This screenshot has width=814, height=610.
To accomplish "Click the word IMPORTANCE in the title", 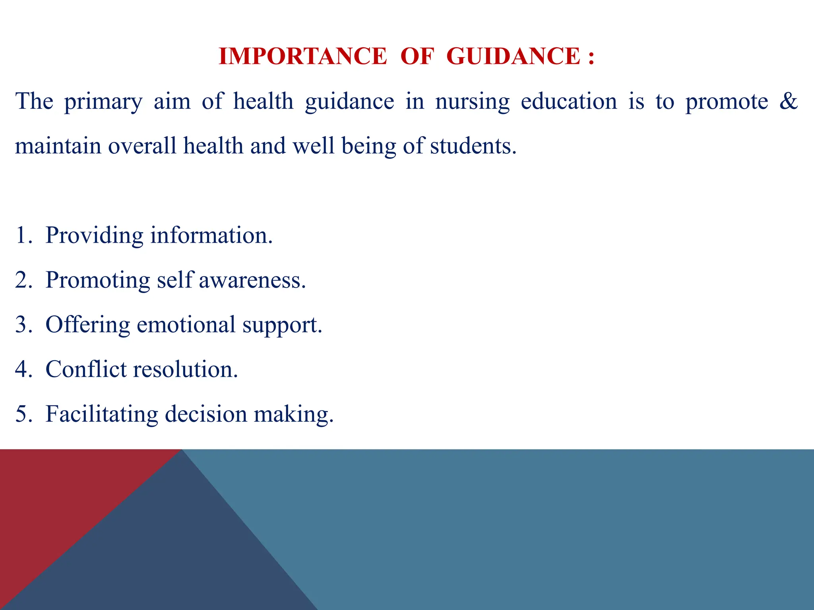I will pyautogui.click(x=302, y=56).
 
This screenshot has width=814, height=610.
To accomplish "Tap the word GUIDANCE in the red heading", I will pyautogui.click(x=513, y=56).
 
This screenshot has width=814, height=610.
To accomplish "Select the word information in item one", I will pyautogui.click(x=211, y=235).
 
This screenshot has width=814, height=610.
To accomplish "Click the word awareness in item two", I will pyautogui.click(x=252, y=280).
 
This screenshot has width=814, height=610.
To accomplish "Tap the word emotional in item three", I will pyautogui.click(x=186, y=324).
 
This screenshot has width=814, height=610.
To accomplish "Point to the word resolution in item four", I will pyautogui.click(x=185, y=369).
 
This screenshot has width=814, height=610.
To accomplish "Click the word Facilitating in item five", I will pyautogui.click(x=102, y=414).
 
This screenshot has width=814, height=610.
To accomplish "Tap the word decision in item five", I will pyautogui.click(x=206, y=414).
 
